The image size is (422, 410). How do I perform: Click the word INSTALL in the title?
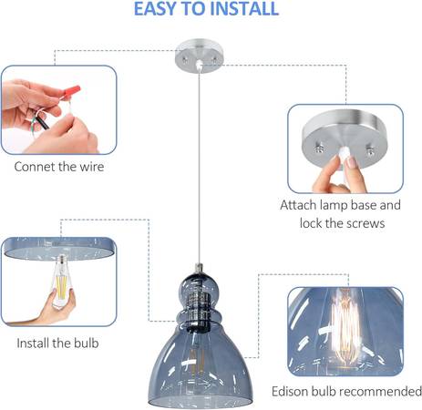(x=244, y=9)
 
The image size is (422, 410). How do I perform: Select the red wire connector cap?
(x=73, y=91)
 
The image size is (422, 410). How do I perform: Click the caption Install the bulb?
(x=57, y=343)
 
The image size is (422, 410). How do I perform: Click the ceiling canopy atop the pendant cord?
(x=199, y=56)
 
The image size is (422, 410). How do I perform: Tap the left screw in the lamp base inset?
(x=319, y=149)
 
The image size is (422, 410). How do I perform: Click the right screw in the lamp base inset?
(x=370, y=150)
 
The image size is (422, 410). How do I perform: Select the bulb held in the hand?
(x=62, y=281)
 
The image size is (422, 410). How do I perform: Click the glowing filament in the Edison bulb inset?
(x=345, y=326)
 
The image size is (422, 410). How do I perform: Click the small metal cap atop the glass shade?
(x=199, y=268)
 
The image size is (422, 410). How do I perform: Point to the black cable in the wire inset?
(x=42, y=122)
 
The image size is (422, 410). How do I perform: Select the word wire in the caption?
(x=92, y=167)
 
